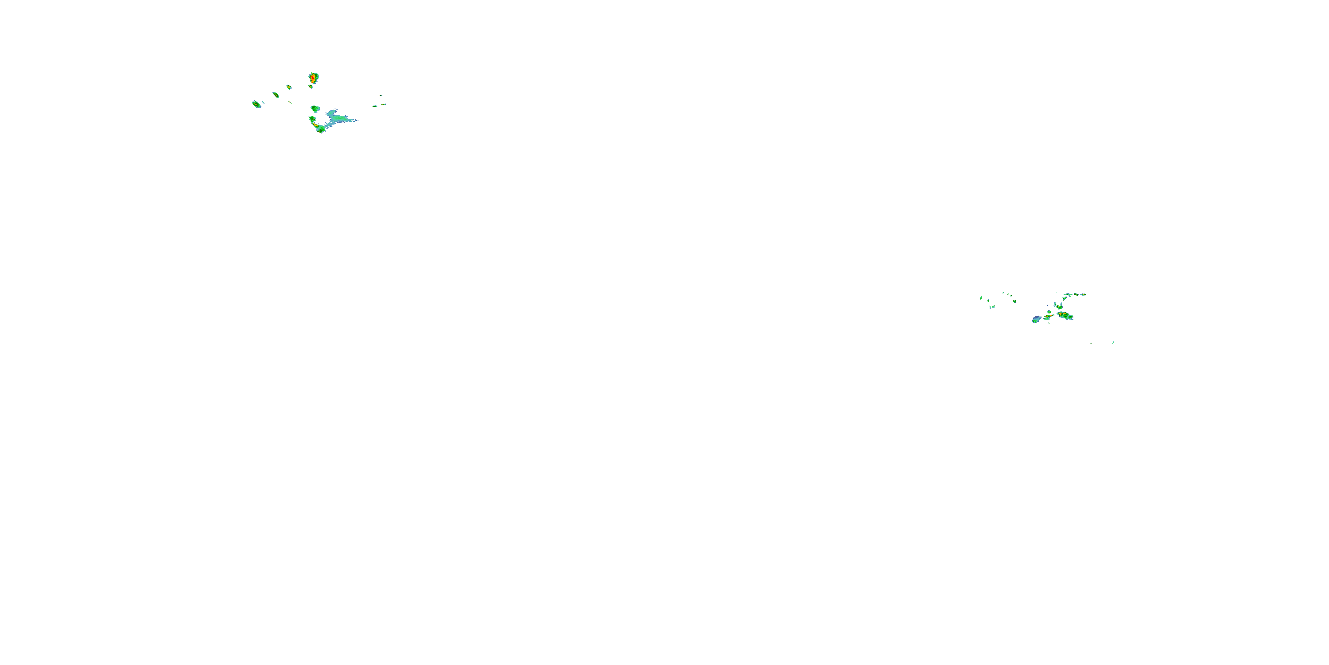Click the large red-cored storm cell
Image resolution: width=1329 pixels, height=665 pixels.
313,78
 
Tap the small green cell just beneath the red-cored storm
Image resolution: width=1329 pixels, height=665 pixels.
311,86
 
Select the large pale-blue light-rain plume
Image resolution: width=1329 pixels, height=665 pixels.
338,118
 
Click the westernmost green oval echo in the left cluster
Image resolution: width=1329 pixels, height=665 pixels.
256,104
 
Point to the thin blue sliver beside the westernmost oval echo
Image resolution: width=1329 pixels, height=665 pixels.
263,102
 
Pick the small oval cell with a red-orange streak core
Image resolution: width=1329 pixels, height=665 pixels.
289,87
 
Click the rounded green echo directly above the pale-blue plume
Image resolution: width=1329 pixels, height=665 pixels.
315,109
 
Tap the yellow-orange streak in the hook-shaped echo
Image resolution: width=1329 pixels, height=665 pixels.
315,125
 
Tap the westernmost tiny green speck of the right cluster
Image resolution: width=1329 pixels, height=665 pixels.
981,297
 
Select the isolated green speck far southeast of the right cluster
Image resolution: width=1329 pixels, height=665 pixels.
1113,342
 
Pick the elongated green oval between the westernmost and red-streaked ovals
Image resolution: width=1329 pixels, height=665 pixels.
276,94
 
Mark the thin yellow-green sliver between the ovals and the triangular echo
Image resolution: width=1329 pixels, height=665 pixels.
290,102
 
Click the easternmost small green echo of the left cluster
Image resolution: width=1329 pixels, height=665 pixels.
383,104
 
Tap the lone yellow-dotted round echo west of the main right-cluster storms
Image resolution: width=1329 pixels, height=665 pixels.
1014,301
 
